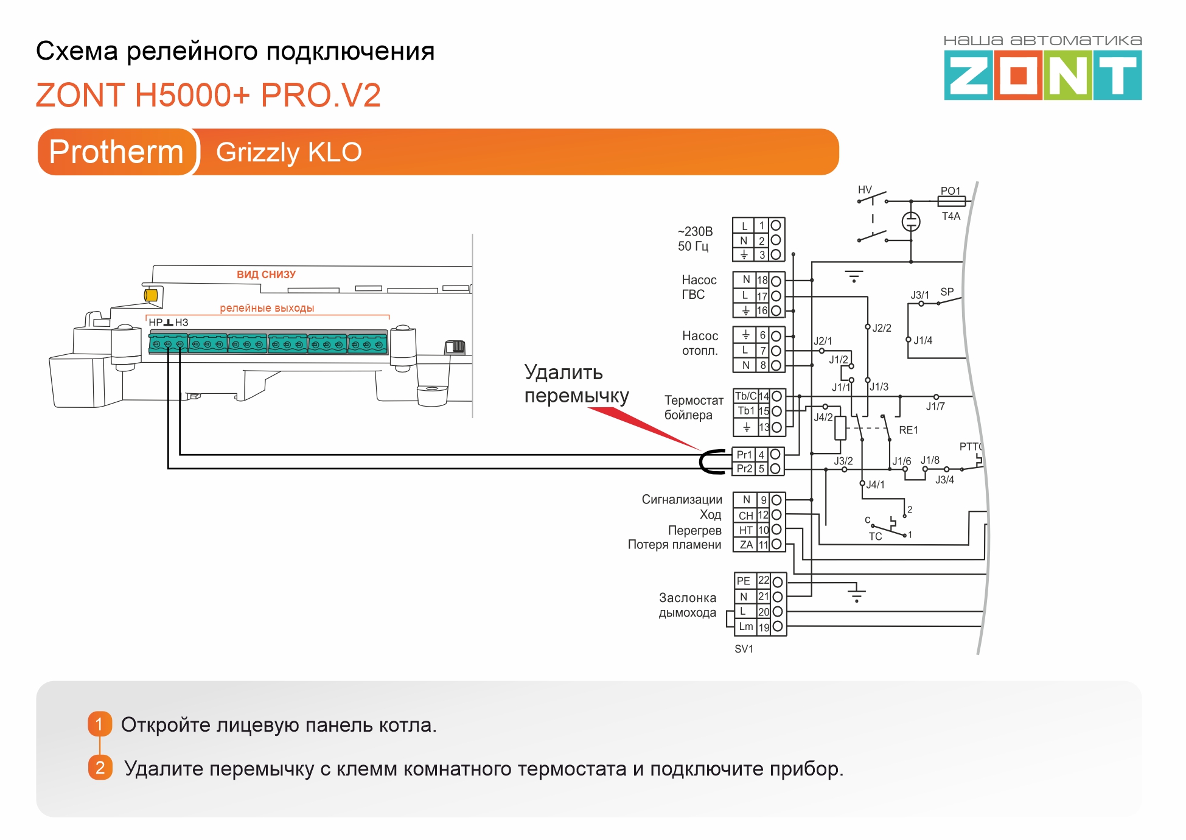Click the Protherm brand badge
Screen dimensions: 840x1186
116,152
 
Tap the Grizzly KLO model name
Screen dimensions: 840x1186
289,152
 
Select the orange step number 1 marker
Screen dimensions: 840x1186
100,724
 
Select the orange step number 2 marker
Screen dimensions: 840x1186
100,768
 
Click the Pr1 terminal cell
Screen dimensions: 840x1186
744,455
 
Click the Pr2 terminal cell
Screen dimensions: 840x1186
744,469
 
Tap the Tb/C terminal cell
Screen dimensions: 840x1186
745,396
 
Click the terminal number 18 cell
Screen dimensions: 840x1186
762,281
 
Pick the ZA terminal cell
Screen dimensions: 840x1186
746,545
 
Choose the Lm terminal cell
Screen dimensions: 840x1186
746,627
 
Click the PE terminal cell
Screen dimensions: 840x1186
744,581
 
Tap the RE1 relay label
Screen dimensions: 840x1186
908,430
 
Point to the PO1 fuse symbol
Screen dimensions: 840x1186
951,201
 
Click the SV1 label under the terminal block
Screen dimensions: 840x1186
744,649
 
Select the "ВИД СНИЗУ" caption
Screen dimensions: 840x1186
266,275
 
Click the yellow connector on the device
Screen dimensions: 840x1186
151,295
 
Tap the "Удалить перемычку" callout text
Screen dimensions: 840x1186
576,384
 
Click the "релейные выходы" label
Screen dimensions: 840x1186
267,308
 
